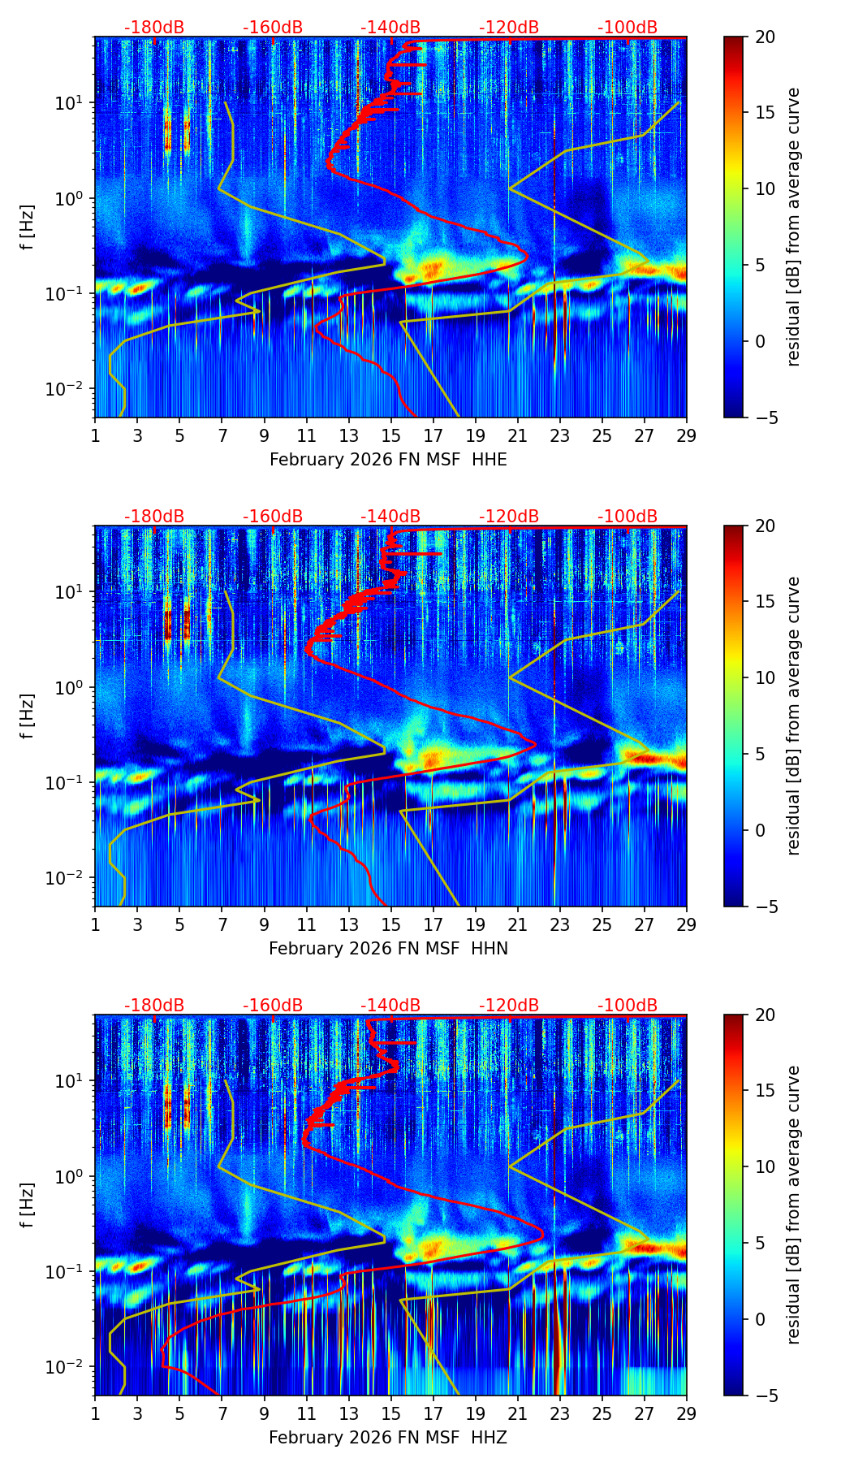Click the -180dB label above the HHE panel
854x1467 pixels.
(x=154, y=28)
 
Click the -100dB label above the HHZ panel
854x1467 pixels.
(x=628, y=1006)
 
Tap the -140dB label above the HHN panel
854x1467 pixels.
(x=390, y=517)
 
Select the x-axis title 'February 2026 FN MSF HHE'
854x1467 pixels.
(x=388, y=460)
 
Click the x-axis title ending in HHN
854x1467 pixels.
(x=388, y=949)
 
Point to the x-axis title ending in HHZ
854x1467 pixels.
(x=388, y=1438)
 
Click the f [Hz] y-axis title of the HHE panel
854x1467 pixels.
(x=27, y=227)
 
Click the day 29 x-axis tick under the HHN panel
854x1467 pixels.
(x=686, y=924)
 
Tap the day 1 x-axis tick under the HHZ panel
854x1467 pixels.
(x=95, y=1413)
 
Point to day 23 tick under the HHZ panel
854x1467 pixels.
(x=559, y=1413)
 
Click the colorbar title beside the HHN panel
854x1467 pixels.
(x=793, y=716)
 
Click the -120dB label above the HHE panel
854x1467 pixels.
(x=509, y=28)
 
